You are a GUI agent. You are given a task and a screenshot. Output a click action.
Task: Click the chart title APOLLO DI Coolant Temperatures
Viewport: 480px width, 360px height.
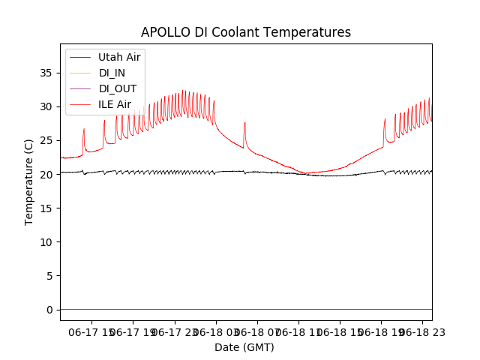(x=246, y=33)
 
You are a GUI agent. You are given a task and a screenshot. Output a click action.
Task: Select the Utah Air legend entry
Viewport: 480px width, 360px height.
(x=119, y=57)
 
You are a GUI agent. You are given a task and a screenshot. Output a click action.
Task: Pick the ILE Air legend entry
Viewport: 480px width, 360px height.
(x=115, y=104)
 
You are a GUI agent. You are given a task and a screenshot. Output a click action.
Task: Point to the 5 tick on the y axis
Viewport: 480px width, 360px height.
(x=50, y=275)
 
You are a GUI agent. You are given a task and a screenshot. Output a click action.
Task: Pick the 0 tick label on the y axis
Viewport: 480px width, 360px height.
(x=50, y=309)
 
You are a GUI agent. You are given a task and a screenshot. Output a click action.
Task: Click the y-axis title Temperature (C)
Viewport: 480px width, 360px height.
(x=29, y=182)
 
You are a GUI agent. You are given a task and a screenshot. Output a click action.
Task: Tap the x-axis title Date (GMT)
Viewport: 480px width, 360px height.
(x=244, y=347)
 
